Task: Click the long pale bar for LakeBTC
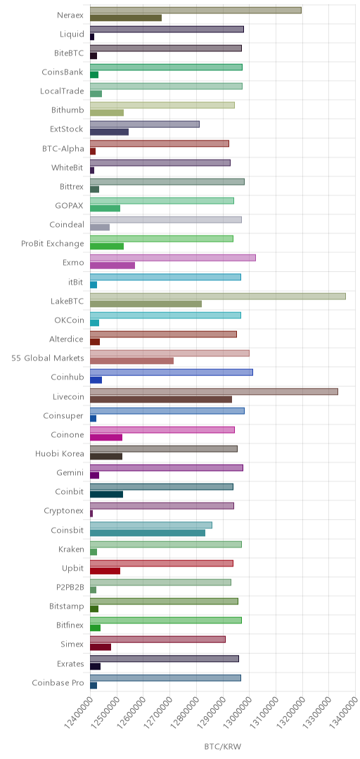(218, 297)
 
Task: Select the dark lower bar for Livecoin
(161, 399)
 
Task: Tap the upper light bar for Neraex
(195, 10)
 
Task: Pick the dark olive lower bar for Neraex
(126, 18)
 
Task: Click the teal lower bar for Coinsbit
(148, 533)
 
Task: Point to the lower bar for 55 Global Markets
(131, 361)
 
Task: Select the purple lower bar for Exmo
(112, 265)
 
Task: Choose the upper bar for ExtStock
(145, 124)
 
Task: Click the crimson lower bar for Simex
(101, 647)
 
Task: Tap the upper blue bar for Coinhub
(172, 372)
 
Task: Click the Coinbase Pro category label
(58, 683)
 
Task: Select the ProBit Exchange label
(52, 243)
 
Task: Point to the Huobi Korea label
(60, 453)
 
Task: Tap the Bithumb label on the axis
(67, 110)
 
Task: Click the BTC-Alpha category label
(63, 148)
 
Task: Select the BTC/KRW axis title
(223, 746)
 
